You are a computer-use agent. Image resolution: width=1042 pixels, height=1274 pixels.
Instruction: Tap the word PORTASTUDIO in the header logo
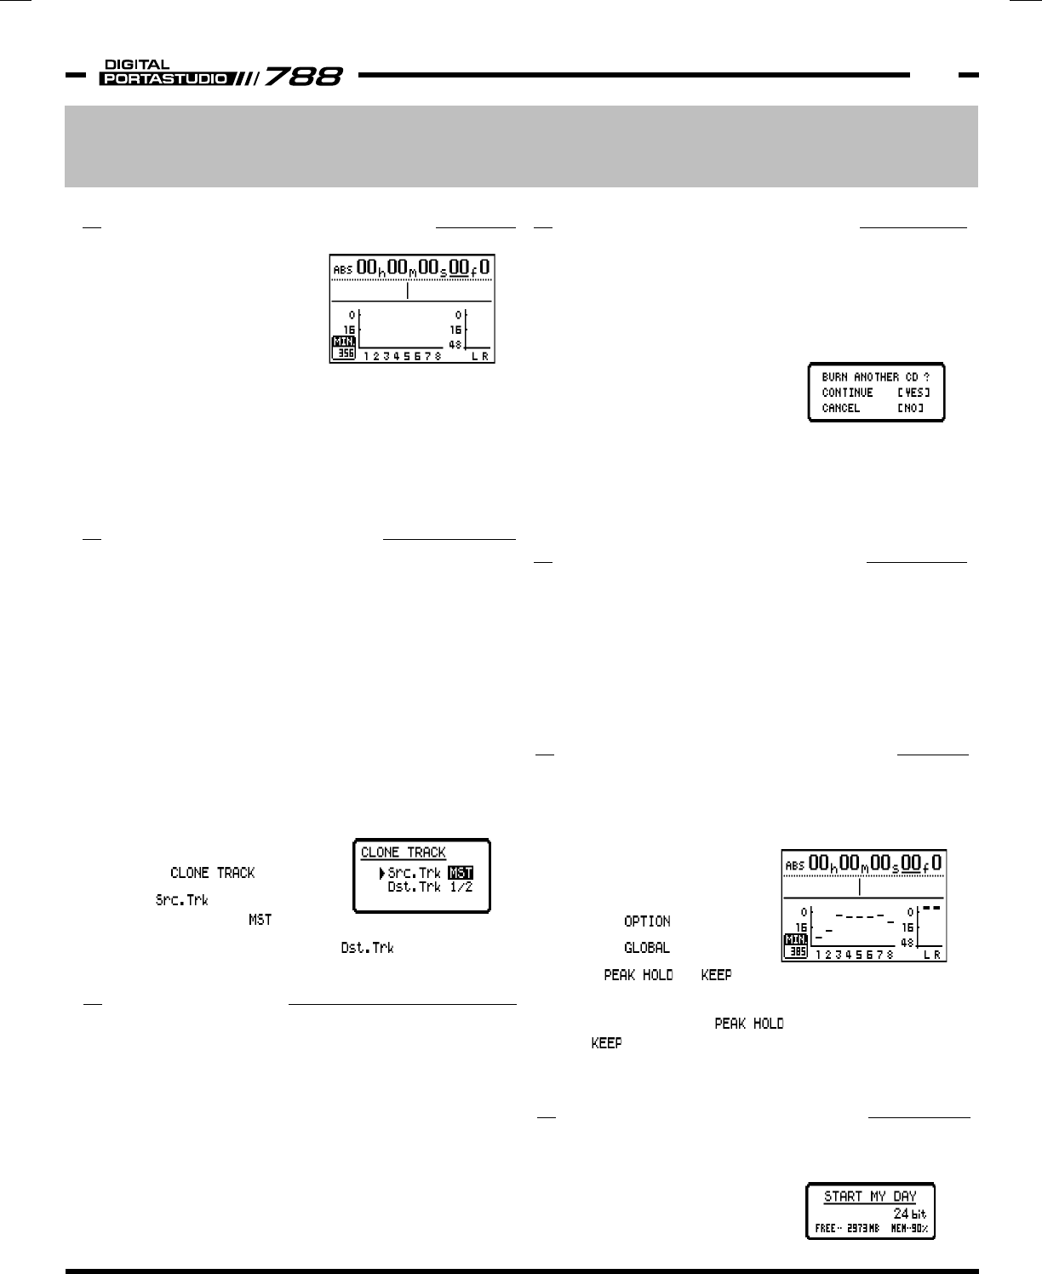[163, 79]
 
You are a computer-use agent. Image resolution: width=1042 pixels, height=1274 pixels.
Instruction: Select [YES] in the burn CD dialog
[913, 393]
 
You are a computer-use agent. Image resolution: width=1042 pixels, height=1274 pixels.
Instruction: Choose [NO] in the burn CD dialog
[910, 408]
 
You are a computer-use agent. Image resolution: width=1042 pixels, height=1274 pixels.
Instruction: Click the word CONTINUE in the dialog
[847, 393]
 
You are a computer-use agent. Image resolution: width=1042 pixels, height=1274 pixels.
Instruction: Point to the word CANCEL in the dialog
[841, 408]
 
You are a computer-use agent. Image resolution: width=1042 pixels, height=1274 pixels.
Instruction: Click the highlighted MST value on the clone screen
[460, 872]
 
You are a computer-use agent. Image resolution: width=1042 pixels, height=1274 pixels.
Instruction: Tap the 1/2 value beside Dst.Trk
[461, 887]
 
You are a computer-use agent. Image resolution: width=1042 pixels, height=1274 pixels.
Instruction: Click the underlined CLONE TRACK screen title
[403, 852]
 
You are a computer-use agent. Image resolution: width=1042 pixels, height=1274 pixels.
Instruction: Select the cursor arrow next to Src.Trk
[381, 872]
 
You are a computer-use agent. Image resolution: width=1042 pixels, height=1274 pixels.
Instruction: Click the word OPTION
[647, 921]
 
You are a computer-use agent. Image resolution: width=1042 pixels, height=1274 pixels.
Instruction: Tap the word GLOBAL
[647, 947]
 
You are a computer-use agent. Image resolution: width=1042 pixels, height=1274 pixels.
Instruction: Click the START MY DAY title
[870, 1197]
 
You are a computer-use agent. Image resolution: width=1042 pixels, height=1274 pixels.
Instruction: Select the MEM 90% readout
[909, 1229]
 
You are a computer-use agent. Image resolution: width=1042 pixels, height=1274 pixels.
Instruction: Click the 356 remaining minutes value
[344, 353]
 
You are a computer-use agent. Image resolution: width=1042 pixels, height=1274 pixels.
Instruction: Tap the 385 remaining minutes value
[797, 953]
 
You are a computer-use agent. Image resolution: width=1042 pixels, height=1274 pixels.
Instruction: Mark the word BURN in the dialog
[835, 376]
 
